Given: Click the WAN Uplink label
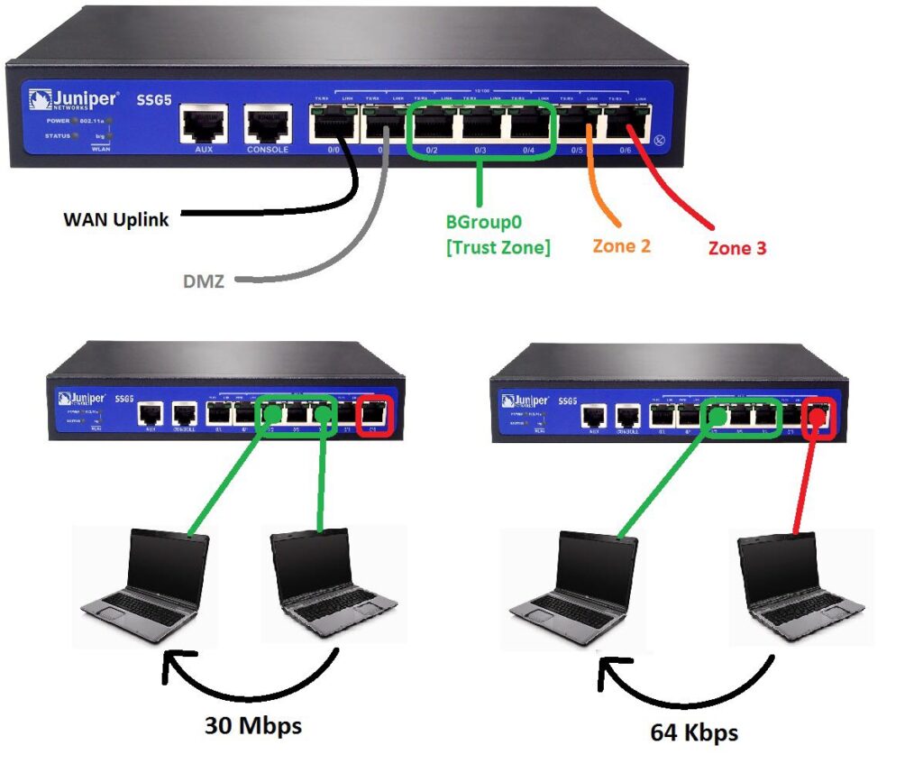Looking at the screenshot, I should pyautogui.click(x=115, y=219).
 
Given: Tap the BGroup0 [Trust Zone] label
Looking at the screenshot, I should pyautogui.click(x=498, y=234).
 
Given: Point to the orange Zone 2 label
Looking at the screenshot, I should pyautogui.click(x=621, y=244).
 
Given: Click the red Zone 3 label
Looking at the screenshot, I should pyautogui.click(x=736, y=247).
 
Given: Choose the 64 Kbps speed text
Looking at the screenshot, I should pyautogui.click(x=694, y=732).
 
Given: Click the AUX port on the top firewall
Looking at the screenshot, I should pyautogui.click(x=205, y=124).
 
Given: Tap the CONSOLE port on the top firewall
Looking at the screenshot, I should pyautogui.click(x=268, y=124).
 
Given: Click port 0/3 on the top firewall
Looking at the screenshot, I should pyautogui.click(x=480, y=125).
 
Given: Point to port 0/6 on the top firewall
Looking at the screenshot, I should pyautogui.click(x=626, y=125).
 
